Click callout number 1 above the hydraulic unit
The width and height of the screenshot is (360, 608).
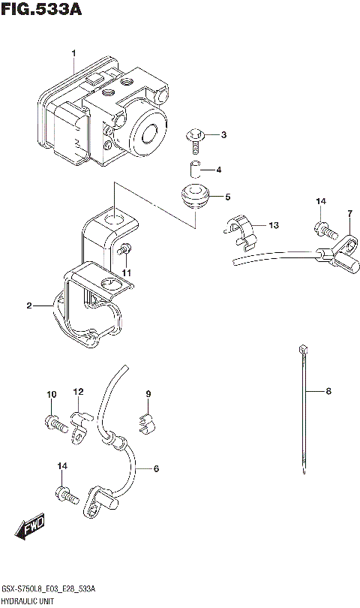[74, 53]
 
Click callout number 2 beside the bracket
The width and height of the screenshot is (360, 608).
[29, 306]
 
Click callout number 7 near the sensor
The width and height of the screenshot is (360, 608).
[349, 215]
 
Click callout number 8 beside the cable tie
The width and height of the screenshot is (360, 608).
[328, 391]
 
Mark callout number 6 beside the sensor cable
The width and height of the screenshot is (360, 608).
[156, 469]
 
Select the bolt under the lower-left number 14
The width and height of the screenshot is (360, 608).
[64, 495]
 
